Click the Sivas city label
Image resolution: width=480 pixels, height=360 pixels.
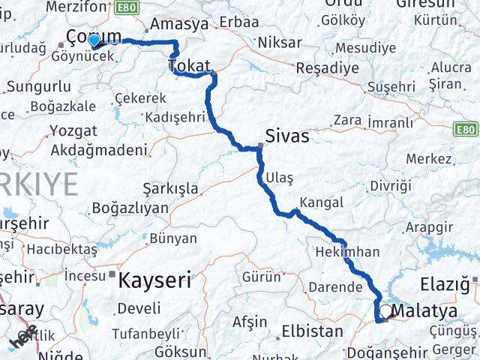coord(287,136)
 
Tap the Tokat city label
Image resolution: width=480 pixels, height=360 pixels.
coord(190,66)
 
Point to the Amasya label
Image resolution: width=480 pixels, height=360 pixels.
coord(179,24)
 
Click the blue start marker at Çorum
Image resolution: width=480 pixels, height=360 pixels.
coord(94,40)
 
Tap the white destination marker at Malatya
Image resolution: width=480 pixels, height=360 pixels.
coord(385,311)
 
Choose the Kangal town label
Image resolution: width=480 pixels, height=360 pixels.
coord(321,202)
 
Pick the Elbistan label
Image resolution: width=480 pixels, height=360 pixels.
coord(310,331)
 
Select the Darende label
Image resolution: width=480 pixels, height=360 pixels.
coord(334,287)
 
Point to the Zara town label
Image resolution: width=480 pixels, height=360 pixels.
coord(347,119)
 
